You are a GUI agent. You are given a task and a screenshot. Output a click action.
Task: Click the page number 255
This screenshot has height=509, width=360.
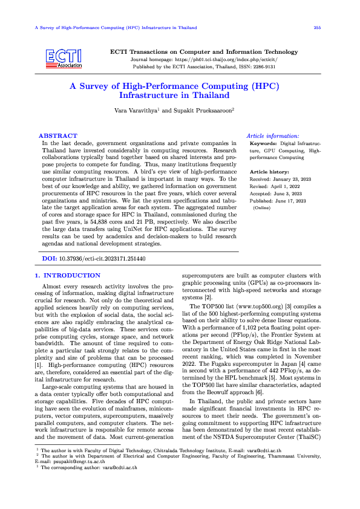(x=317, y=28)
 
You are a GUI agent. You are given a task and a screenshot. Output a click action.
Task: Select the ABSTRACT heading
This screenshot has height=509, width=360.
(x=58, y=136)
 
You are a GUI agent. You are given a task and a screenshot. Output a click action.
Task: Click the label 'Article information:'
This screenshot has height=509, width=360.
(x=273, y=137)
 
